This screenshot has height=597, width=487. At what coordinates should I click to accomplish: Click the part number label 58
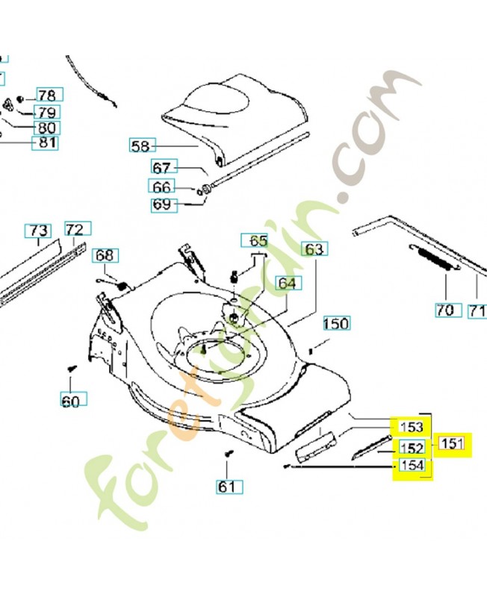140,146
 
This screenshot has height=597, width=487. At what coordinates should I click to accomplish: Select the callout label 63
314,249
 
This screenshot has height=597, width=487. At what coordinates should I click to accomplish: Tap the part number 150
336,323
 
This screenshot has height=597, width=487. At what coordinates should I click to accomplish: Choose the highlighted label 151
453,445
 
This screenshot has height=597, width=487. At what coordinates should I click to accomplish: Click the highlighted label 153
412,427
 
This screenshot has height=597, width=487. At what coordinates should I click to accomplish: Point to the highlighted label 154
412,466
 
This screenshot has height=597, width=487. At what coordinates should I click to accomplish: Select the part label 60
70,401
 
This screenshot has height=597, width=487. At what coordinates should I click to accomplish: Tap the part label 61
227,487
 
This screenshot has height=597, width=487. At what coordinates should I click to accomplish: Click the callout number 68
105,256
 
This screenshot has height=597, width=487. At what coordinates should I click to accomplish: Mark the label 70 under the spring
445,309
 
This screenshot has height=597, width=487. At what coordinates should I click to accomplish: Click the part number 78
46,96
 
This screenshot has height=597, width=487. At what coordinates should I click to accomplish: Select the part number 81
46,142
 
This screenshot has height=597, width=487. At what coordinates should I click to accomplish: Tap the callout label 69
162,204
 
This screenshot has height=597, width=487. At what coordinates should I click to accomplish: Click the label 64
287,283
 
